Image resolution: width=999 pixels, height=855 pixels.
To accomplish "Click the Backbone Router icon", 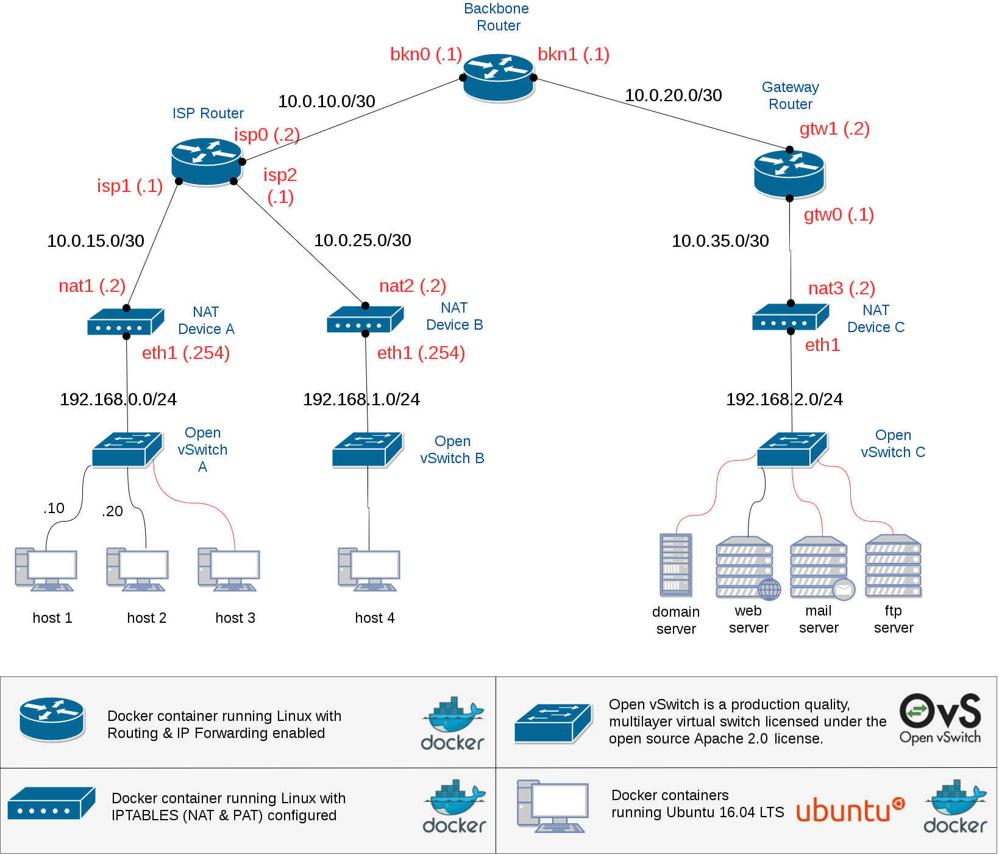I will pyautogui.click(x=498, y=77).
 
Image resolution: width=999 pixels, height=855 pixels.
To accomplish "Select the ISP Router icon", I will pyautogui.click(x=207, y=161).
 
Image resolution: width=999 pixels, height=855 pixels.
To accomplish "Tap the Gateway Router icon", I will pyautogui.click(x=789, y=174).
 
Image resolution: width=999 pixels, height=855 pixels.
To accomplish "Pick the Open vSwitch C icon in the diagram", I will pyautogui.click(x=792, y=450).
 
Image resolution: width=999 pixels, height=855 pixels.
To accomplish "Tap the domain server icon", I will pyautogui.click(x=676, y=565).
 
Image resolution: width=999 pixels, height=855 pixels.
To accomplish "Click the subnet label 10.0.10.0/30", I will pyautogui.click(x=327, y=101).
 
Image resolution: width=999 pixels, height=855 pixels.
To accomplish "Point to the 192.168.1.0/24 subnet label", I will pyautogui.click(x=361, y=399).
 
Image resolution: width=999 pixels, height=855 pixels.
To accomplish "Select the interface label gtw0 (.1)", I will pyautogui.click(x=839, y=215).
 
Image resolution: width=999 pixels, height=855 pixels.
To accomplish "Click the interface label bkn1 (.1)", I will pyautogui.click(x=574, y=54).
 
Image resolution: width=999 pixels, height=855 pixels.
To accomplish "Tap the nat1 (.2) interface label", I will pyautogui.click(x=92, y=286).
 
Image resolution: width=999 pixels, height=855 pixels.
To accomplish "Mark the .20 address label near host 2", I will pyautogui.click(x=112, y=511).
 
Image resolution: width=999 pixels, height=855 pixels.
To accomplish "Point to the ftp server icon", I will pyautogui.click(x=894, y=567).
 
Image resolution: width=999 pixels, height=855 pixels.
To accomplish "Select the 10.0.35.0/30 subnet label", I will pyautogui.click(x=720, y=241).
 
